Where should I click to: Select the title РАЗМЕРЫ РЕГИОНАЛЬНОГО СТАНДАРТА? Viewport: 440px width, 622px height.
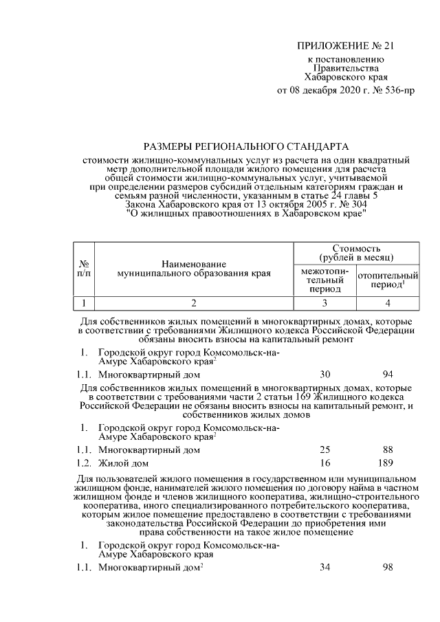245,146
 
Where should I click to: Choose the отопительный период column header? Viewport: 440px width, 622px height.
388,280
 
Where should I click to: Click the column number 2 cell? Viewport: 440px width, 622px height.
194,302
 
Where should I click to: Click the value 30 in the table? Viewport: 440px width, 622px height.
325,375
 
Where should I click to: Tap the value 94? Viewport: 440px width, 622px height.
388,375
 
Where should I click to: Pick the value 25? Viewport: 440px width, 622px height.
325,449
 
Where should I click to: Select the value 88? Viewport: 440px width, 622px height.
388,449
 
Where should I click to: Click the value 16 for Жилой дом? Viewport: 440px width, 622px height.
325,463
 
